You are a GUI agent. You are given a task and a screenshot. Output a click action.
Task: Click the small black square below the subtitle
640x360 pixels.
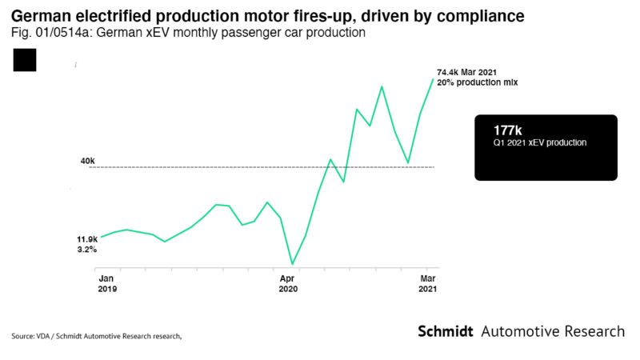pyautogui.click(x=25, y=60)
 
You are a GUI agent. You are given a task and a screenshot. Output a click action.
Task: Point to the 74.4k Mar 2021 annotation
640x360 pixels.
pyautogui.click(x=472, y=72)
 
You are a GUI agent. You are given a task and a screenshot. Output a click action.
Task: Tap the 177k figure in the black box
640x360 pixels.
pyautogui.click(x=507, y=129)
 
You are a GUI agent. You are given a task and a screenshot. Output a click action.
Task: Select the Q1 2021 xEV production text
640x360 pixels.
pyautogui.click(x=540, y=142)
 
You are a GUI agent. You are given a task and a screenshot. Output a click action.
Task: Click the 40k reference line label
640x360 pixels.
pyautogui.click(x=87, y=161)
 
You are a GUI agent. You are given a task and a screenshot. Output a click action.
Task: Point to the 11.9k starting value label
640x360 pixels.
pyautogui.click(x=87, y=238)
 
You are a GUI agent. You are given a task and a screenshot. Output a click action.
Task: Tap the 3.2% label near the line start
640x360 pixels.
pyautogui.click(x=86, y=250)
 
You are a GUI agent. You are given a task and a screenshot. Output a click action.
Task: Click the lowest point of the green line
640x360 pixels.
pyautogui.click(x=293, y=264)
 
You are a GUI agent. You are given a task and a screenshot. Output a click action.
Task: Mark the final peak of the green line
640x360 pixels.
pyautogui.click(x=433, y=78)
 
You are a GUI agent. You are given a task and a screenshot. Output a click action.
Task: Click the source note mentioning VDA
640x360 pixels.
pyautogui.click(x=97, y=336)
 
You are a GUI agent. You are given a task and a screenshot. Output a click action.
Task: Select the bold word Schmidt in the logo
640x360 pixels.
pyautogui.click(x=446, y=332)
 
